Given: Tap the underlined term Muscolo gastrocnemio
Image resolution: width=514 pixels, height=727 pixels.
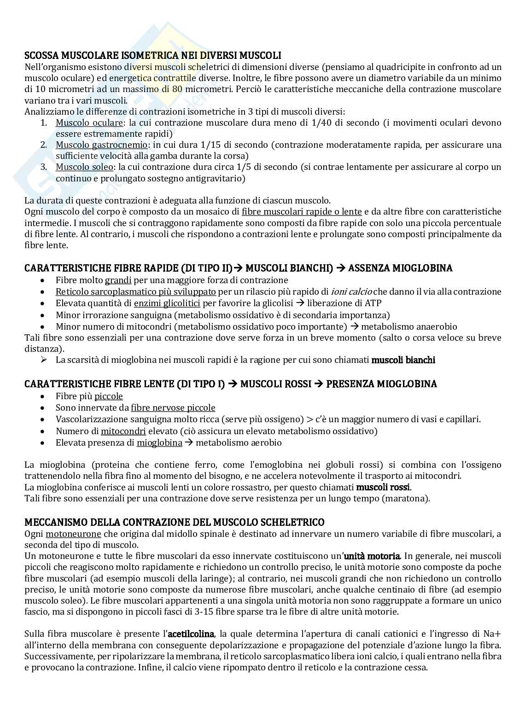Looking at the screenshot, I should point(102,145).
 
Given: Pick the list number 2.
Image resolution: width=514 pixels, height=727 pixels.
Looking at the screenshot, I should point(43,145).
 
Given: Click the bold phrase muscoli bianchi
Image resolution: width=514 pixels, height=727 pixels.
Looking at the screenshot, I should point(403,360).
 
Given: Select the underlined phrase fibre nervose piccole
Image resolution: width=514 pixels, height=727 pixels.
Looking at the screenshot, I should point(173,407).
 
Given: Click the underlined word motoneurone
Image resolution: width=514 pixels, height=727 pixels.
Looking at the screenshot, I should point(80,534).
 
